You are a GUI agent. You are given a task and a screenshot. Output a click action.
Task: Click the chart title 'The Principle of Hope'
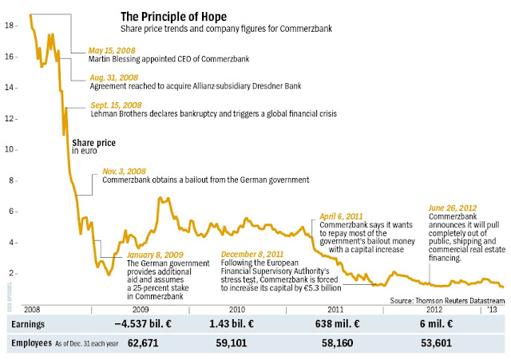point(172,16)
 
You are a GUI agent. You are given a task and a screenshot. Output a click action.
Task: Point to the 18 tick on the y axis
point(10,26)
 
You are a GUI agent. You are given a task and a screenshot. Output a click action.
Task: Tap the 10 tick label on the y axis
point(10,149)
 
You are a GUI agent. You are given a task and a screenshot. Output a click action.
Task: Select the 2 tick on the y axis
point(10,272)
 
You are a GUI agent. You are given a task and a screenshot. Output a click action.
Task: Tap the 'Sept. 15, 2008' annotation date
point(117,105)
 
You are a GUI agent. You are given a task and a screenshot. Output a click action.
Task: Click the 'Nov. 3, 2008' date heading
point(124,171)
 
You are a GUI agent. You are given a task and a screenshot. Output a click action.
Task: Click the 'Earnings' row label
point(28,324)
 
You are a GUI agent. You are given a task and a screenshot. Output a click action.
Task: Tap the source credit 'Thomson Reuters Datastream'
point(457,299)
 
